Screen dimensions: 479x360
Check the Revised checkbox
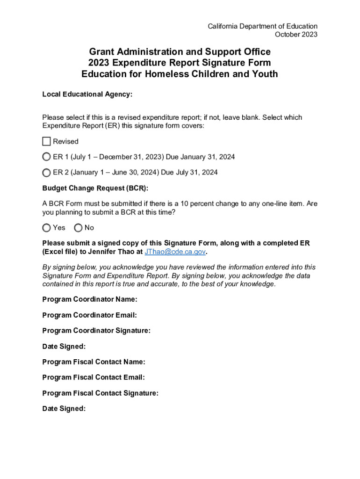tap(46, 141)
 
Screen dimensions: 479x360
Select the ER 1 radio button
tap(46, 157)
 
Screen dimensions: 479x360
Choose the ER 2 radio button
tap(46, 173)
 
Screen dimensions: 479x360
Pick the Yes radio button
tap(46, 228)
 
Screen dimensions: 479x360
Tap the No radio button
tap(78, 228)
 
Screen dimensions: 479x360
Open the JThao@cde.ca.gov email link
tap(175, 252)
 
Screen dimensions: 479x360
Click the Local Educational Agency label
tap(87, 94)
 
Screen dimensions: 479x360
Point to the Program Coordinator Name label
tap(90, 299)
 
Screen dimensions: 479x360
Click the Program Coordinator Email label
tap(89, 315)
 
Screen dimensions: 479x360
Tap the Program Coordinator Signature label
tap(96, 331)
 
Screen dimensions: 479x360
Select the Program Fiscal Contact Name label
tap(94, 362)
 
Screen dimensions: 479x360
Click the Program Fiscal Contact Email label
tap(94, 377)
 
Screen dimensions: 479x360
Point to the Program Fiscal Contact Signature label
tap(100, 393)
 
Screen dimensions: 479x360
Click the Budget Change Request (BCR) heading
tap(95, 189)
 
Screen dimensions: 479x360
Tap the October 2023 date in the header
tap(296, 35)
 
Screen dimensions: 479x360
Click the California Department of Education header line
tap(262, 26)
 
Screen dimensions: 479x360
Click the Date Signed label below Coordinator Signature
tap(64, 347)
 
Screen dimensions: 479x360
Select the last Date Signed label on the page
tap(64, 409)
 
